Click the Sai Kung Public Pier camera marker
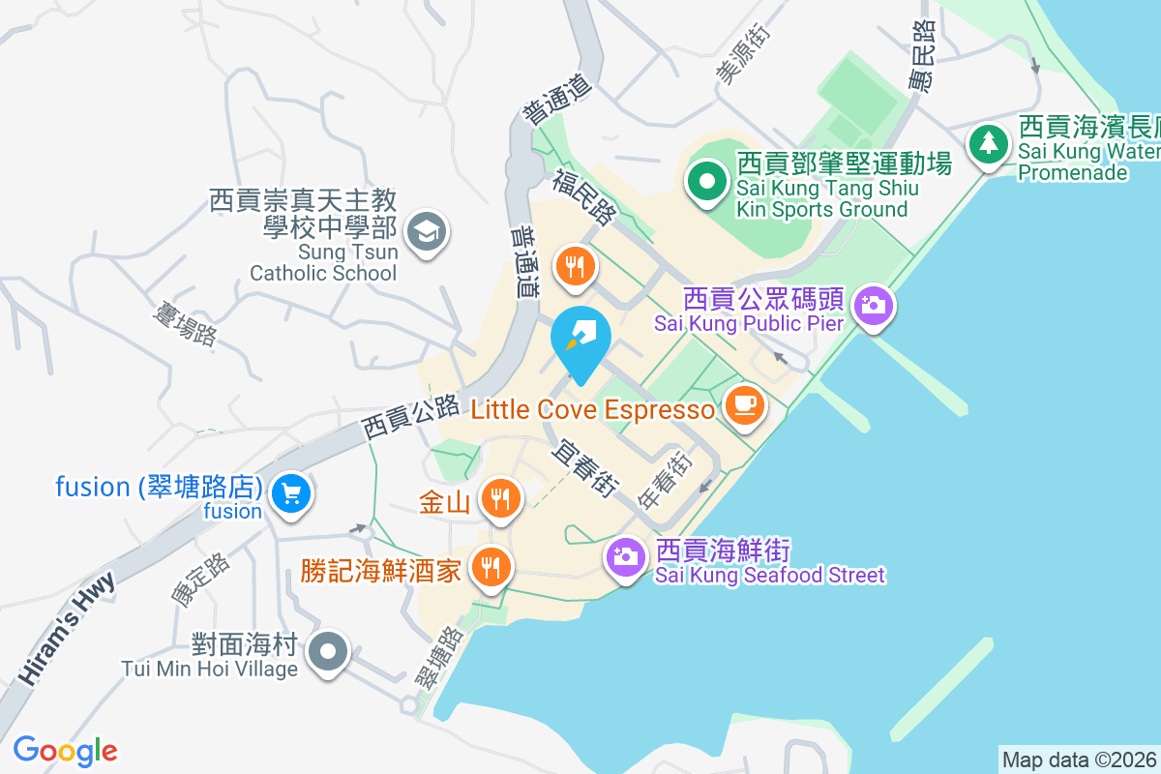874,305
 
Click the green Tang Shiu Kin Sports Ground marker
707,181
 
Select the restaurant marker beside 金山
500,498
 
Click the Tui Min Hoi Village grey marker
329,650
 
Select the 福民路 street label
585,196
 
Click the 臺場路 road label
185,322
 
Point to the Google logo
66,750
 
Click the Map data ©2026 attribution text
1079,759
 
